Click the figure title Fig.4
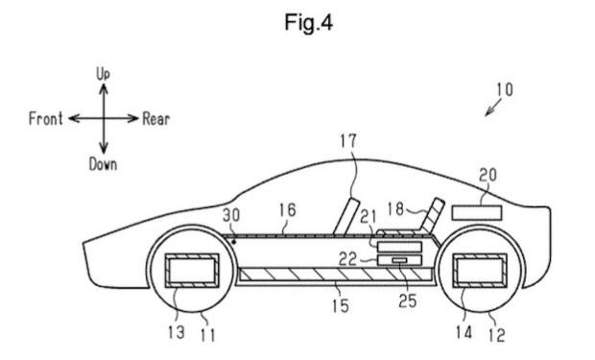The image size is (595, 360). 308,22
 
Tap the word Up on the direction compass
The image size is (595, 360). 103,74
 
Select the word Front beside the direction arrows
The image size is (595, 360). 45,119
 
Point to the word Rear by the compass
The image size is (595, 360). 156,119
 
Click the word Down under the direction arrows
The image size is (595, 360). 103,164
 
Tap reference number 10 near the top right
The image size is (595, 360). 505,89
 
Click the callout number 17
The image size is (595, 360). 348,141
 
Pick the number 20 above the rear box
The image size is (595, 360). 488,175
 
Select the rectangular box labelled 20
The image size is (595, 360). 477,212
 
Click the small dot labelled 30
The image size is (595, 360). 234,242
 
